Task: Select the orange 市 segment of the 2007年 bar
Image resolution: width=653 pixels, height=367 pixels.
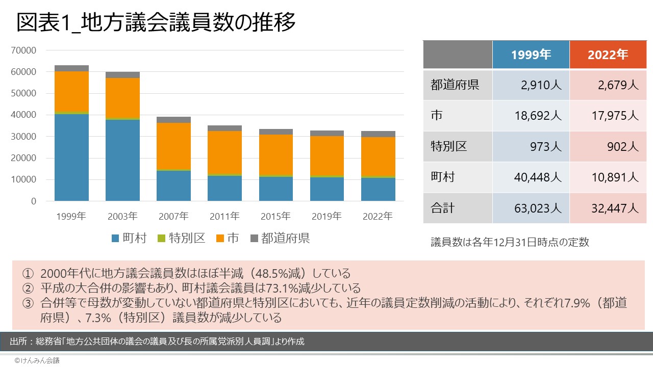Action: [173, 146]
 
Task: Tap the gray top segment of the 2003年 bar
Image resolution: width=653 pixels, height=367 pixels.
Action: [122, 75]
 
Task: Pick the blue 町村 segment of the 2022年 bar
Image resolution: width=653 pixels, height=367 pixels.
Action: [378, 189]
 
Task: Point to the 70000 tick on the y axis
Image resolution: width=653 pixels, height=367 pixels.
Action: [26, 50]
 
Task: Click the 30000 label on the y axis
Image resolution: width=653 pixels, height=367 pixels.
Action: [26, 137]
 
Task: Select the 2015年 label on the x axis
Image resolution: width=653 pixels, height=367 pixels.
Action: [275, 216]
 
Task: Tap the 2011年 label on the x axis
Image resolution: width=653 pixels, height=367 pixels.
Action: [224, 216]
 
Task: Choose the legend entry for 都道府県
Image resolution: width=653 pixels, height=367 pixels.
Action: [280, 238]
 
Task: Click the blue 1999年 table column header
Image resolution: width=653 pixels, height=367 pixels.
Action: [531, 55]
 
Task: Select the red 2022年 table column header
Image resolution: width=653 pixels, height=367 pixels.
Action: [608, 55]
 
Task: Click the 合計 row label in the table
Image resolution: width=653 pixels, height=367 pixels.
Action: [441, 208]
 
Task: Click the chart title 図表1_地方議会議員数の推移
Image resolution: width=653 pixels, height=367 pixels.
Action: [156, 23]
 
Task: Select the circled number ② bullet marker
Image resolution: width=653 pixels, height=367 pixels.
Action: [28, 288]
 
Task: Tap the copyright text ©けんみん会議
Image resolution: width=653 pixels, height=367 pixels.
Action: [37, 360]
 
